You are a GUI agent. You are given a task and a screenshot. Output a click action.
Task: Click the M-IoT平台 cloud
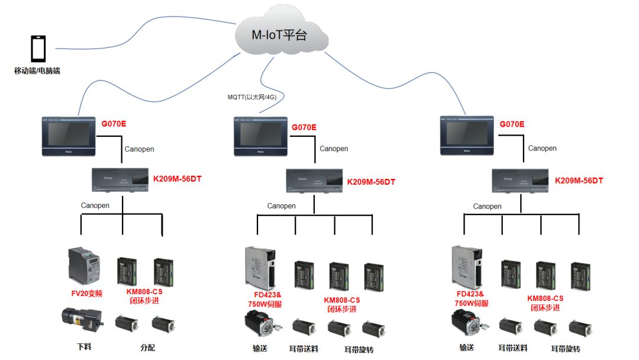pos(280,34)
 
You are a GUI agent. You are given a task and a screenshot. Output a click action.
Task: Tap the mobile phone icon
pos(38,49)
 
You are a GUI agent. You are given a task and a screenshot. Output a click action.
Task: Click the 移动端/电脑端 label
pos(37,71)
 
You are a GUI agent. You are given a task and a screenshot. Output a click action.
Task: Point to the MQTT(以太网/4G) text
pos(252,97)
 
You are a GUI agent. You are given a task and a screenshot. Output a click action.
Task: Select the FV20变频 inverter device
pos(84,266)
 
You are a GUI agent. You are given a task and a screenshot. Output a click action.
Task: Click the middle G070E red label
pos(304,127)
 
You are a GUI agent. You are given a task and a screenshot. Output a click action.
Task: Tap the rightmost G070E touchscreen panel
pos(466,136)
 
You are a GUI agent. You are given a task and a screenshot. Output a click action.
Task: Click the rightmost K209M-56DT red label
pos(579,181)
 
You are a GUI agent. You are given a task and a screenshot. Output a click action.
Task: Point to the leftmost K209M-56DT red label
pos(177,179)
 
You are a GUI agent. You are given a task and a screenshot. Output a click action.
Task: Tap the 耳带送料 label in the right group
pos(512,348)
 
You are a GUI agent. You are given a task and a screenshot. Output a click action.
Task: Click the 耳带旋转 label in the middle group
pos(359,349)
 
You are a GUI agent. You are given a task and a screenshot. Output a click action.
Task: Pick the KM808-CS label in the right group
pos(545,298)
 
